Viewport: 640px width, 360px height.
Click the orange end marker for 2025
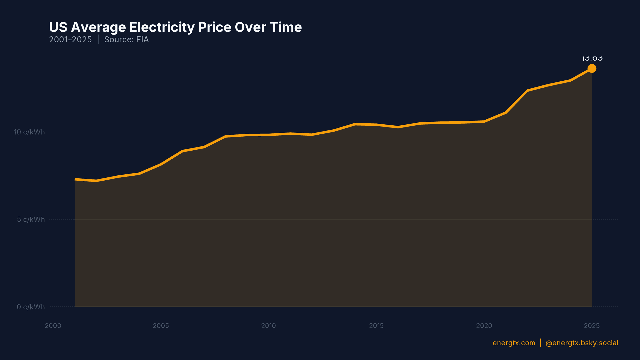click(592, 68)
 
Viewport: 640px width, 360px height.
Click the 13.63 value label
click(592, 59)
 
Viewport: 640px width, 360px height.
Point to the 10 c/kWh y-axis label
click(29, 132)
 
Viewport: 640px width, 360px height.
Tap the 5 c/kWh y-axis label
click(31, 219)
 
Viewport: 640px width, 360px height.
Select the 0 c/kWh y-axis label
click(31, 307)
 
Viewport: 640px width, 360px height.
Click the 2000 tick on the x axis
click(53, 326)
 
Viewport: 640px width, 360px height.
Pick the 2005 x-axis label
click(161, 326)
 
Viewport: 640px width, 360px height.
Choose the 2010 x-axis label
click(268, 326)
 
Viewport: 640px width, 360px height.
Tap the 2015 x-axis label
click(376, 326)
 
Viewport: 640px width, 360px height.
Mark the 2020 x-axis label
click(484, 326)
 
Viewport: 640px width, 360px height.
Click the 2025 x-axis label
click(592, 326)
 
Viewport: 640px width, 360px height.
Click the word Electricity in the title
click(162, 27)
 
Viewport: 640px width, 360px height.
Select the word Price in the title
click(214, 27)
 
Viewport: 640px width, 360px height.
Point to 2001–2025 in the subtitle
click(70, 40)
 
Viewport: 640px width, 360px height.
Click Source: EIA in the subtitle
click(126, 40)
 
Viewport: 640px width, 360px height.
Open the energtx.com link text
click(514, 343)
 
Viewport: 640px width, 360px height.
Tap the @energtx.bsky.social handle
click(582, 343)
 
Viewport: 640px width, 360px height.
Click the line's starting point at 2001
click(75, 179)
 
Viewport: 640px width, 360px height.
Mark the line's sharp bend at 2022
click(527, 91)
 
